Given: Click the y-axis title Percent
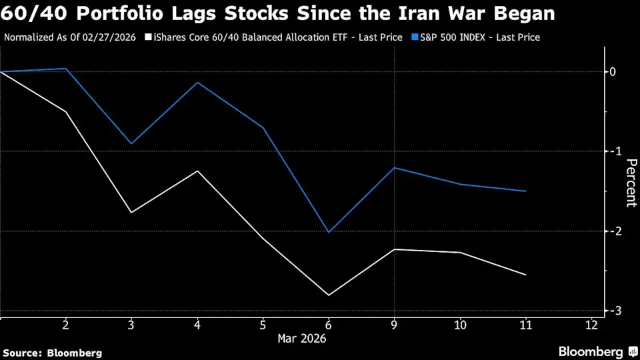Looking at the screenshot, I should [631, 183].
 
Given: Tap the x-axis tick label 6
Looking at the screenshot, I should [329, 325].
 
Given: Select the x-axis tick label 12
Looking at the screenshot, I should [591, 325].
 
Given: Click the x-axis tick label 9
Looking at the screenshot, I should [395, 325].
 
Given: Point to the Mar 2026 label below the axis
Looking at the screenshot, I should [301, 338].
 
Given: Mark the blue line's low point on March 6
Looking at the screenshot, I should [329, 232].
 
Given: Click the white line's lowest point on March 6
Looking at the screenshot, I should [329, 295].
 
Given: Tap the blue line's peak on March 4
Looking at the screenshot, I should [197, 83].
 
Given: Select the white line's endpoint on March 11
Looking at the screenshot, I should [526, 275].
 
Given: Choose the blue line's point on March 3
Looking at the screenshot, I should [131, 143].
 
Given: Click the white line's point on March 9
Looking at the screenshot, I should [395, 249].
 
